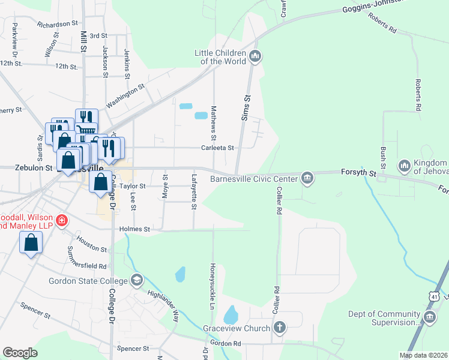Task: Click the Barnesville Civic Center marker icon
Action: tap(307, 177)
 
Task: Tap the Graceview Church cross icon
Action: tap(279, 328)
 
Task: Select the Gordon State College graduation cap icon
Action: tap(137, 280)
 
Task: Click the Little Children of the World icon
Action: tap(255, 57)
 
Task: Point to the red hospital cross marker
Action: tap(61, 221)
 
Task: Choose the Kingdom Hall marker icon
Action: tap(403, 165)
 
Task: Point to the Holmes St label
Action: tap(133, 229)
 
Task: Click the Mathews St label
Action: tap(213, 119)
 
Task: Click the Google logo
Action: tap(20, 353)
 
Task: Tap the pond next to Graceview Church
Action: tap(231, 314)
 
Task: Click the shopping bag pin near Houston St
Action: tap(31, 243)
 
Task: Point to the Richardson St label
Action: tap(58, 24)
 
